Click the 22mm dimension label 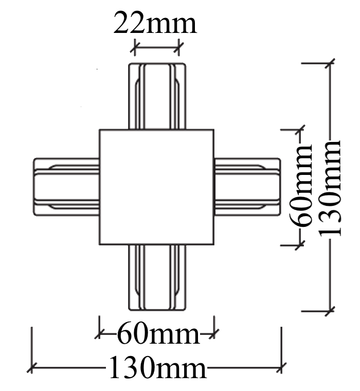(155, 23)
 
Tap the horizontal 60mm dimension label (158, 335)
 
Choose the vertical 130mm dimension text (330, 188)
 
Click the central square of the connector (156, 187)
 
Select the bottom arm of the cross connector (156, 277)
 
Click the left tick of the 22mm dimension (135, 49)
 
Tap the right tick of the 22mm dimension (179, 49)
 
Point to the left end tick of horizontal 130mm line (32, 368)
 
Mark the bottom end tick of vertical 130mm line (330, 311)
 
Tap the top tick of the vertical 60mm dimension (300, 130)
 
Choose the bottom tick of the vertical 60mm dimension (300, 245)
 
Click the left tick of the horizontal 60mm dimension (99, 335)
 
